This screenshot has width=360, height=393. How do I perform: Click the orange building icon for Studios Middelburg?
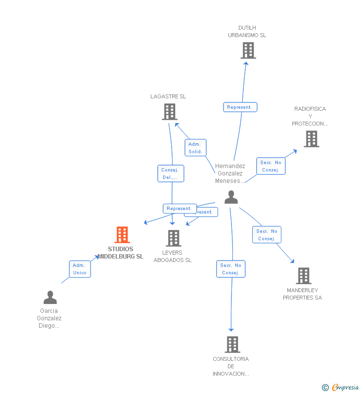[x=122, y=235]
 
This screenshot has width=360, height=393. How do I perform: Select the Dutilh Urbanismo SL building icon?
[x=248, y=50]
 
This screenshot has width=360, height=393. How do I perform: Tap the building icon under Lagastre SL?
[x=170, y=112]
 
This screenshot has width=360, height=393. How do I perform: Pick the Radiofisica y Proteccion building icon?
[x=311, y=139]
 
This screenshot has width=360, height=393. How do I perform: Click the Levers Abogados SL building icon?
[x=173, y=238]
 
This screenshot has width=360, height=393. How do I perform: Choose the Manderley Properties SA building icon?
[x=303, y=276]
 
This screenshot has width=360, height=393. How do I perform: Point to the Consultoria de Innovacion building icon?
[x=232, y=345]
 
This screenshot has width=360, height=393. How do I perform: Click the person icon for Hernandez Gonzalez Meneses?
[x=231, y=197]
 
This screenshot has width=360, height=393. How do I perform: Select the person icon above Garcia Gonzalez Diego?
[x=50, y=298]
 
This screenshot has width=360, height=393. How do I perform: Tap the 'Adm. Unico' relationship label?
[x=80, y=269]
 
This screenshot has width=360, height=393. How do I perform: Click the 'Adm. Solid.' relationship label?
[x=195, y=148]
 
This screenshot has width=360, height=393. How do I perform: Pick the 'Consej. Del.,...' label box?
[x=171, y=174]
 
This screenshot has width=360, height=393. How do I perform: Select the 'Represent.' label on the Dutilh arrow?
[x=240, y=107]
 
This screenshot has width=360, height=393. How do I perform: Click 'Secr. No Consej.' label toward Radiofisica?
[x=270, y=166]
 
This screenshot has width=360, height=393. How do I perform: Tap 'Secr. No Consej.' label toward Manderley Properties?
[x=267, y=235]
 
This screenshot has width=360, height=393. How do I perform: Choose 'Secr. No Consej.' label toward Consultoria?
[x=230, y=269]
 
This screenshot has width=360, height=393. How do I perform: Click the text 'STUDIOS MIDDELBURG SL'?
[x=121, y=253]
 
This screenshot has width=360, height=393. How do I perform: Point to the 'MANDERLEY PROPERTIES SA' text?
[x=302, y=294]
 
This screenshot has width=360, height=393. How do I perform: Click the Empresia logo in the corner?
[x=341, y=387]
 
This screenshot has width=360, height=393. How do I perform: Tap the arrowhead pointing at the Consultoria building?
[x=231, y=329]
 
